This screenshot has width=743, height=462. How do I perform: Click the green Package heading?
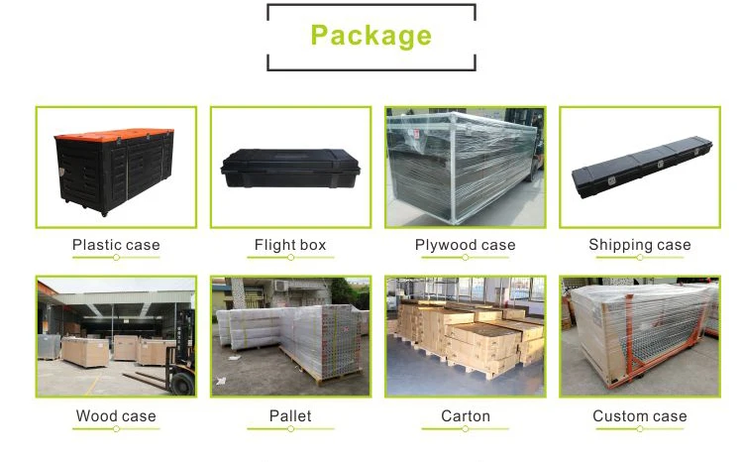(371, 37)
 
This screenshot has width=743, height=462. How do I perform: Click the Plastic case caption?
(116, 245)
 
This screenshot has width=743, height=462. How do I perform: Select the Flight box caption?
(290, 245)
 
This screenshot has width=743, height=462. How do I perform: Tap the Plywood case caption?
(465, 245)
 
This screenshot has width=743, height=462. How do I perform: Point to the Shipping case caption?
(640, 245)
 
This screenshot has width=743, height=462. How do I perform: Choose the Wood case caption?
(116, 415)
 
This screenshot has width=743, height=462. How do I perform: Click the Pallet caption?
(290, 415)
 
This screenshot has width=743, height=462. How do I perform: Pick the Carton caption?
(465, 415)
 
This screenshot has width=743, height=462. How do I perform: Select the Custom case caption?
(640, 415)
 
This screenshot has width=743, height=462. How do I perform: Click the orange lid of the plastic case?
(114, 136)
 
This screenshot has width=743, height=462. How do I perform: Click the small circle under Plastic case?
(116, 258)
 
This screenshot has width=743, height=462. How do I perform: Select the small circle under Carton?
(465, 428)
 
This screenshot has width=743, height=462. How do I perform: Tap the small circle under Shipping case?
(640, 258)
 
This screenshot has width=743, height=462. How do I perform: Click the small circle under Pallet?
(290, 428)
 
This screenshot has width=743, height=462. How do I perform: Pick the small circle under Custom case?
(640, 428)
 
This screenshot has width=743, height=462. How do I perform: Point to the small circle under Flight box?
(290, 258)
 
